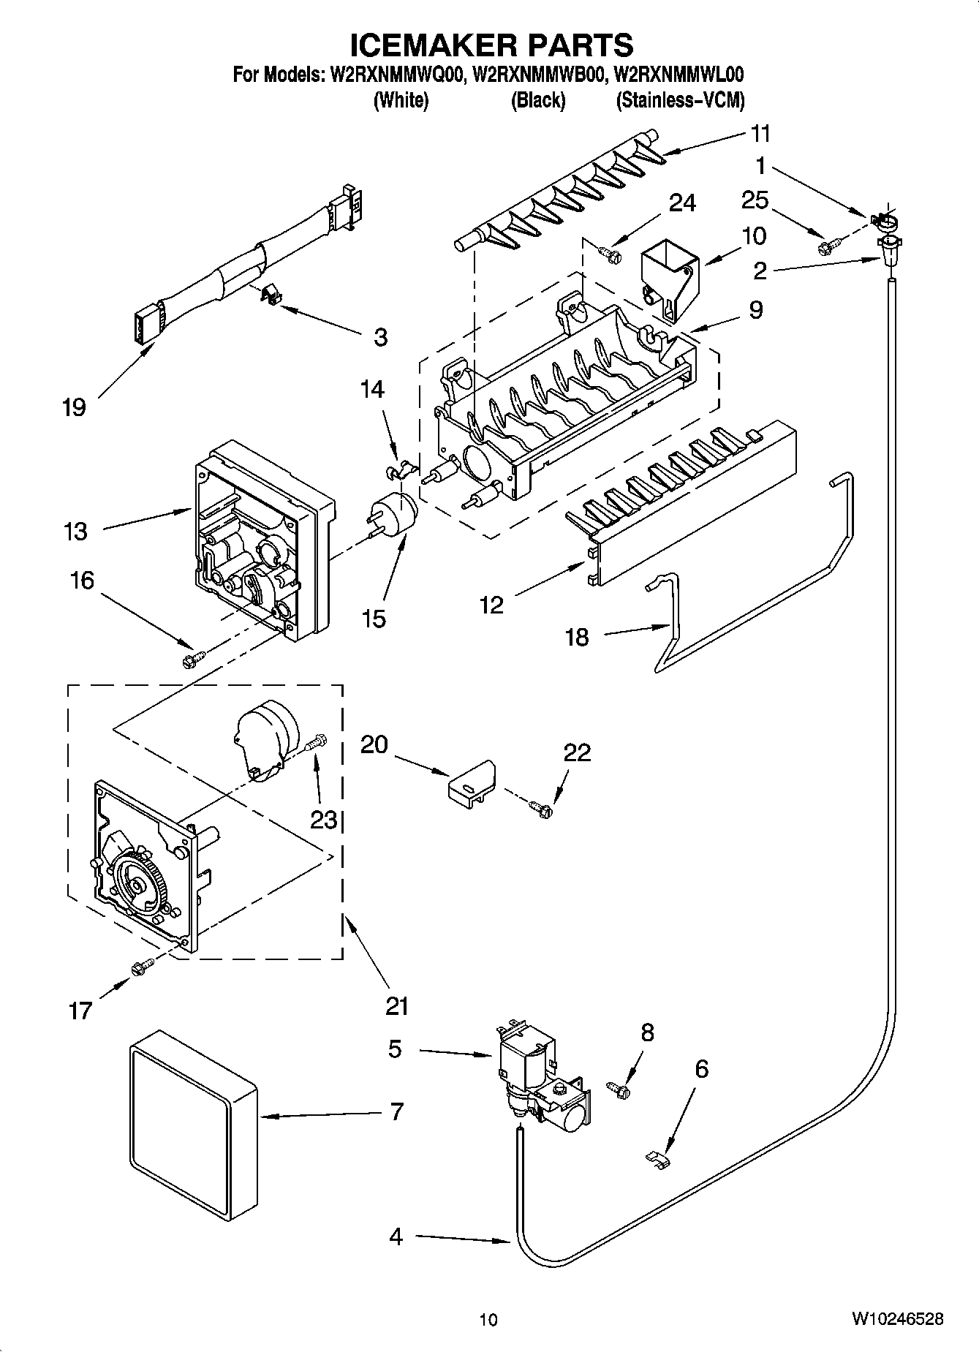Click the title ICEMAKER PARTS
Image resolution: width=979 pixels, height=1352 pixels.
tap(491, 45)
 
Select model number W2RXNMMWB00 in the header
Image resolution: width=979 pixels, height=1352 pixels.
tap(539, 75)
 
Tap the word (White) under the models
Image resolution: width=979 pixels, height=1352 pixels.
tap(400, 101)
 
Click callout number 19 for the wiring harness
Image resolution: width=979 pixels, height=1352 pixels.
tap(74, 408)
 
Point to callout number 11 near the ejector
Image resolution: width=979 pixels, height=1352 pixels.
tap(760, 134)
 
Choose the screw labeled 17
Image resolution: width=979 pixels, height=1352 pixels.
tap(142, 967)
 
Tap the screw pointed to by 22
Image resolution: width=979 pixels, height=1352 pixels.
tap(542, 807)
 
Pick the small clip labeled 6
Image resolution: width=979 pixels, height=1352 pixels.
tap(659, 1157)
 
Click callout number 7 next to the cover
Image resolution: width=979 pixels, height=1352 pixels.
tap(396, 1112)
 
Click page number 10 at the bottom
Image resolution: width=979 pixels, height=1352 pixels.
tap(488, 1320)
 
